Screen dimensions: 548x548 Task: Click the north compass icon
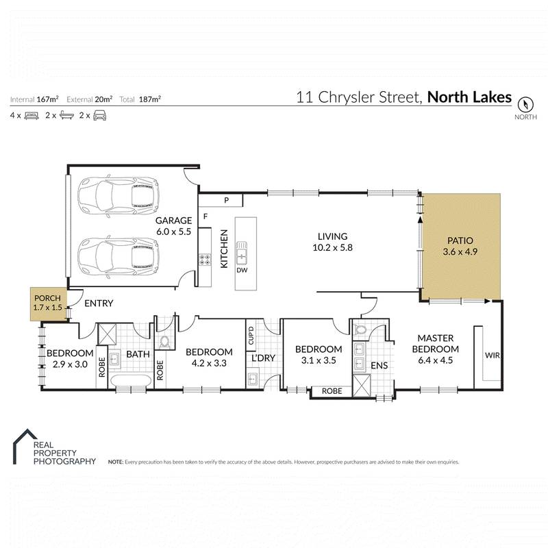pyautogui.click(x=525, y=105)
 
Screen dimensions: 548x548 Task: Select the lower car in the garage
pyautogui.click(x=119, y=255)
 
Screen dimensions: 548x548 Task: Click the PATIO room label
pyautogui.click(x=460, y=246)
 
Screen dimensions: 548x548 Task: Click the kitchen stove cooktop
pyautogui.click(x=204, y=260)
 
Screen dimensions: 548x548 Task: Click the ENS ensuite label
pyautogui.click(x=379, y=366)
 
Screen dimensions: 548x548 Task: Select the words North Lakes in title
pyautogui.click(x=469, y=97)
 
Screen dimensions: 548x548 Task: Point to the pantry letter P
pyautogui.click(x=226, y=200)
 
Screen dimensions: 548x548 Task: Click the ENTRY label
pyautogui.click(x=99, y=303)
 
